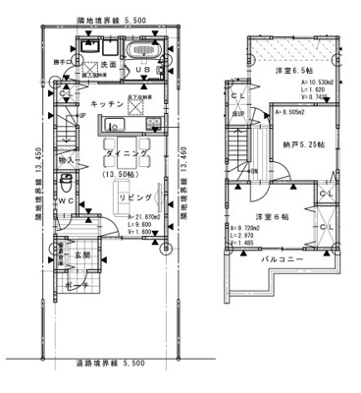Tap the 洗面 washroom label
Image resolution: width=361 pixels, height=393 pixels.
109,65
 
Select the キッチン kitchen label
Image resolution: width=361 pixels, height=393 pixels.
106,103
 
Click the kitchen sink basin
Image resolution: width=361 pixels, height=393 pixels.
110,126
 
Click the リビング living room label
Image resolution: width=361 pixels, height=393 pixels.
136,197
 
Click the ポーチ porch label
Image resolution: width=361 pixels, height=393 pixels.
79,285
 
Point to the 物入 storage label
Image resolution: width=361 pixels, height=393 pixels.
67,159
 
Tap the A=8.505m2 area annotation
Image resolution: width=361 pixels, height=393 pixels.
290,113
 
